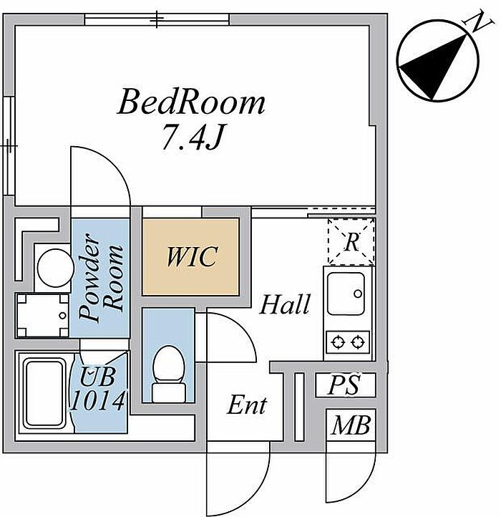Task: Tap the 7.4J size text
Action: pos(192,137)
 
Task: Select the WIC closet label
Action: pos(192,256)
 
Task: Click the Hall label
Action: pos(284,304)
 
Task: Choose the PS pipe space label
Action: pos(344,385)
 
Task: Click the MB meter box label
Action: pos(351,425)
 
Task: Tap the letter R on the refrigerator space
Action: pos(351,242)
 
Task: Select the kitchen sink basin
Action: pos(346,294)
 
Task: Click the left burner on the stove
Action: pos(338,342)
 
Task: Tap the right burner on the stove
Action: pos(358,342)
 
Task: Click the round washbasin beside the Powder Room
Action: pos(55,268)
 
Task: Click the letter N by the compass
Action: pos(479,22)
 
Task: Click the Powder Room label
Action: pos(101,278)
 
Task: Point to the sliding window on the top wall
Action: pos(157,19)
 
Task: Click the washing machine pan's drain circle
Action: pos(62,316)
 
